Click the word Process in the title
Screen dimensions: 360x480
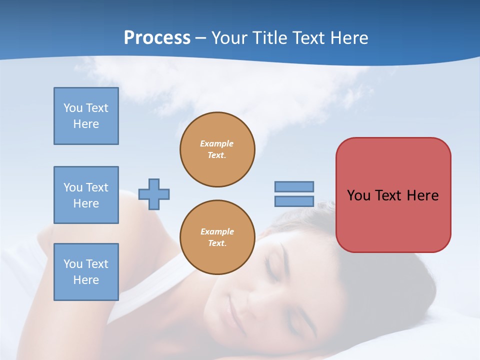pyautogui.click(x=157, y=38)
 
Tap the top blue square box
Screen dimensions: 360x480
pyautogui.click(x=86, y=116)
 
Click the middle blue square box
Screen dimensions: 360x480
pyautogui.click(x=86, y=195)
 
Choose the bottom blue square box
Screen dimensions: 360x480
pyautogui.click(x=86, y=271)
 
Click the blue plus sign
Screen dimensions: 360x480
pyautogui.click(x=154, y=194)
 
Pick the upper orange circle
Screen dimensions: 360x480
pyautogui.click(x=217, y=149)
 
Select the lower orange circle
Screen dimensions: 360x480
pyautogui.click(x=217, y=237)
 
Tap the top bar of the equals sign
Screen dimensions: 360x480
pyautogui.click(x=294, y=186)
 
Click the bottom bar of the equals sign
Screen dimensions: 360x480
pyautogui.click(x=294, y=201)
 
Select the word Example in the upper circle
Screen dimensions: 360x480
pyautogui.click(x=217, y=143)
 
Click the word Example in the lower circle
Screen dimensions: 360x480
pyautogui.click(x=217, y=231)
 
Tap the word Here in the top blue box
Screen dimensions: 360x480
pyautogui.click(x=86, y=124)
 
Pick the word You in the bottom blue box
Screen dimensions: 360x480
pyautogui.click(x=73, y=264)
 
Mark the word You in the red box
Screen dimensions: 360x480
pyautogui.click(x=358, y=195)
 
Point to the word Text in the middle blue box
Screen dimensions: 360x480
pyautogui.click(x=97, y=187)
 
